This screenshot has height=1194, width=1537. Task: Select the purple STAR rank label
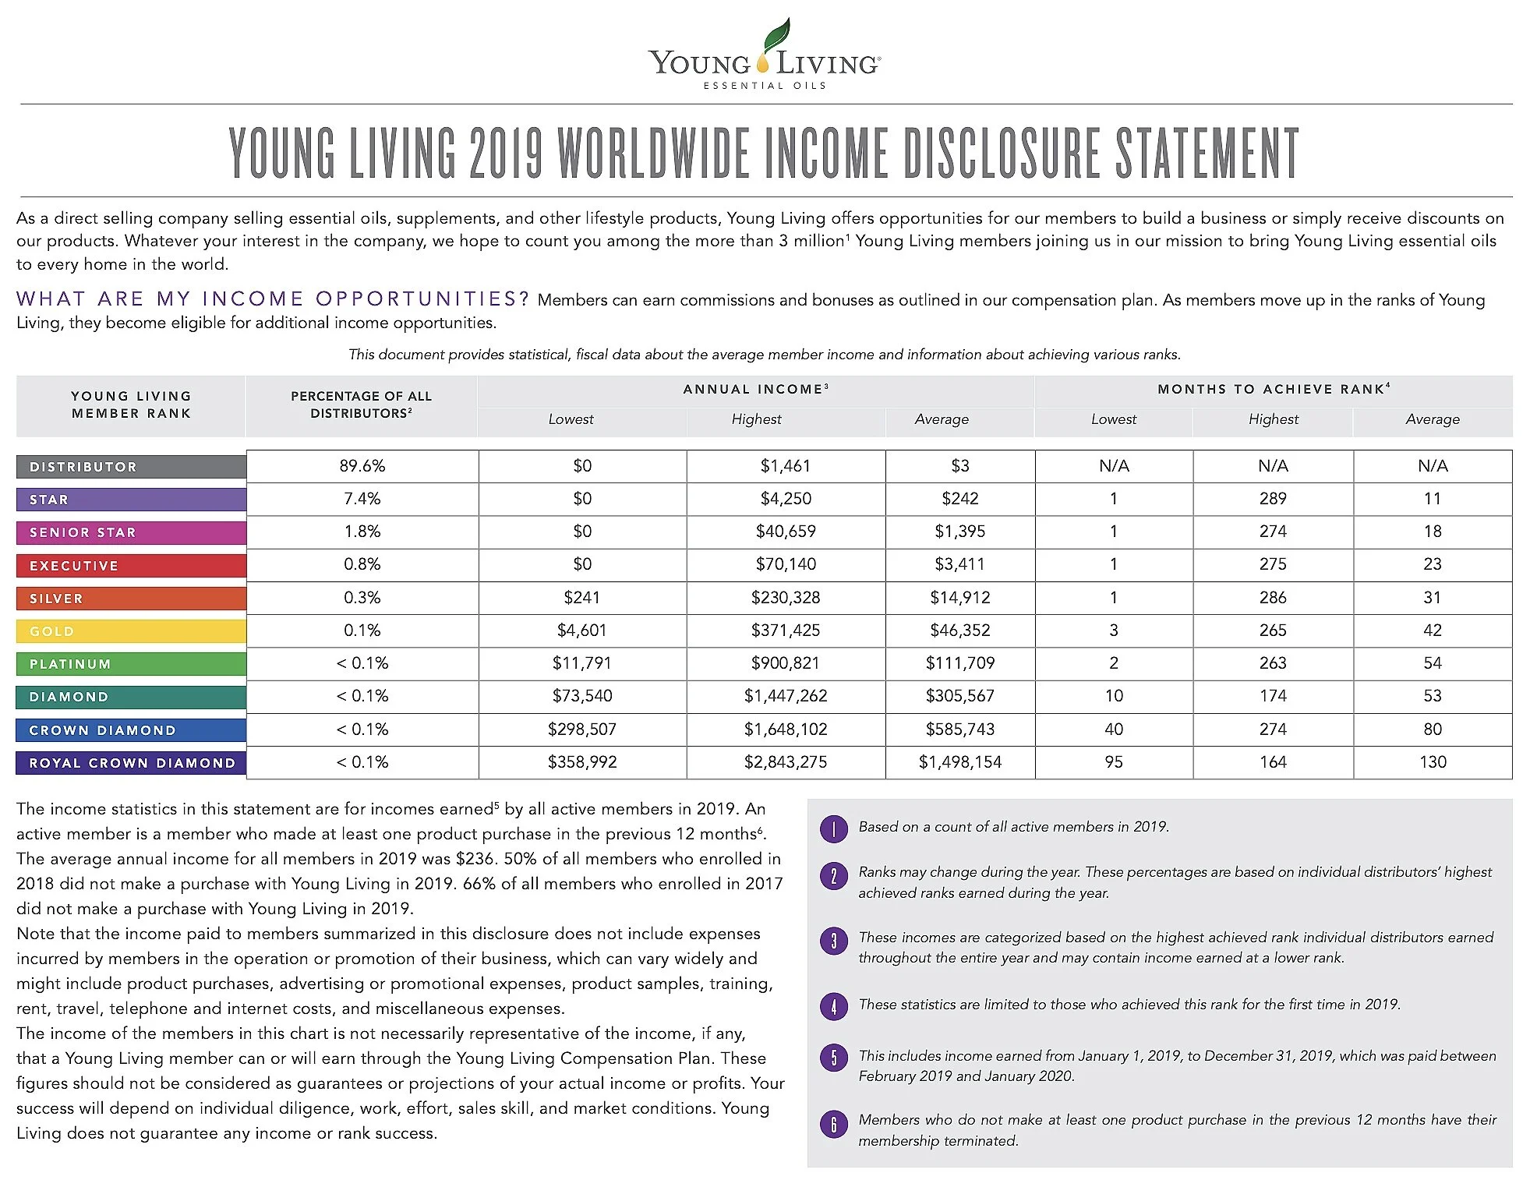coord(131,500)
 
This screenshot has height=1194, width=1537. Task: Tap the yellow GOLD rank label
coord(131,631)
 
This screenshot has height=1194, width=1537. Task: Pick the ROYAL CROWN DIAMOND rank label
coord(131,763)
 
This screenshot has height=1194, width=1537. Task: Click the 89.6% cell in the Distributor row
coord(362,466)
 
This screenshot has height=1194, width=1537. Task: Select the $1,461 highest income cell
coord(786,466)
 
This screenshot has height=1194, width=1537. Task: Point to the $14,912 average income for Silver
coord(959,598)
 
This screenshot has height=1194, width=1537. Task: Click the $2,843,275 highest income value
coord(786,762)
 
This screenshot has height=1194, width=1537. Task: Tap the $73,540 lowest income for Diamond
coord(582,696)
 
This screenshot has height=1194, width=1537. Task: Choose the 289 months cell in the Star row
coord(1273,499)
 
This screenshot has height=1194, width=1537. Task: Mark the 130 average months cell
coord(1433,762)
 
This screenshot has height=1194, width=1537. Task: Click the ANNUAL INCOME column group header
coord(755,390)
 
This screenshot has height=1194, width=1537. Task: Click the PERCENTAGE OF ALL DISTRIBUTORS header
coord(362,404)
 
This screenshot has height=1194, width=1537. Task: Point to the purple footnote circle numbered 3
coord(833,941)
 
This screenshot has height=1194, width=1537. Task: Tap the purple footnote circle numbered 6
coord(833,1124)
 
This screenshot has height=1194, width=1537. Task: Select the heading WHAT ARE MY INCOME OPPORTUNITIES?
coord(273,299)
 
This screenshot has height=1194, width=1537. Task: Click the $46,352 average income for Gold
coord(959,631)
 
